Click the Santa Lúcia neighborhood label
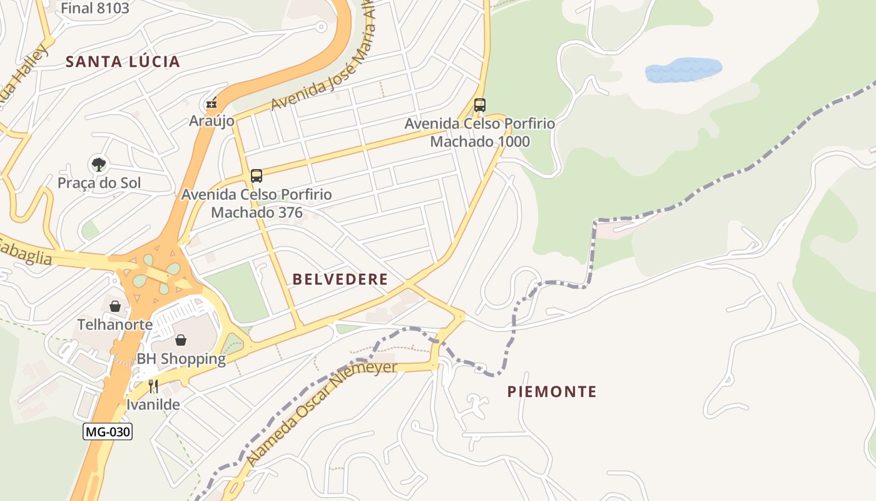click(x=123, y=61)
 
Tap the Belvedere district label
click(x=340, y=279)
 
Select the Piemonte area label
click(x=551, y=392)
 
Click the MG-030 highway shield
click(x=108, y=431)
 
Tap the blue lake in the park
click(x=683, y=70)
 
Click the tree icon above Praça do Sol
click(x=98, y=165)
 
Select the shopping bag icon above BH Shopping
click(x=181, y=340)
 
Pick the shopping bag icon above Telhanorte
click(x=115, y=306)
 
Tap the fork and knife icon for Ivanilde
click(x=153, y=386)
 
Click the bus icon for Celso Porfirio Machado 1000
click(x=480, y=105)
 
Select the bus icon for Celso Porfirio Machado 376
click(x=257, y=175)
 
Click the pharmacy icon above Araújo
click(x=212, y=103)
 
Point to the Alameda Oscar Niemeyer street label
click(x=322, y=413)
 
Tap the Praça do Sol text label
click(x=99, y=183)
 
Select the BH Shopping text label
click(x=181, y=359)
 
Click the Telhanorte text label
click(x=115, y=324)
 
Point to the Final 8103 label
click(x=95, y=8)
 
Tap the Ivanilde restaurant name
click(x=153, y=405)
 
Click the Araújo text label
click(x=211, y=121)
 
